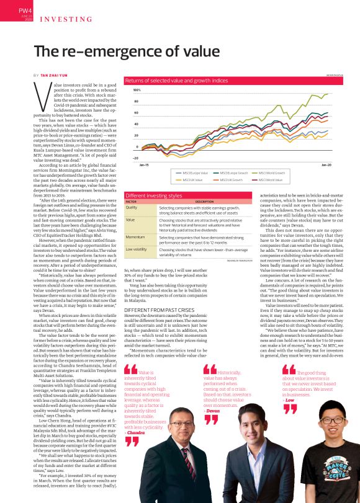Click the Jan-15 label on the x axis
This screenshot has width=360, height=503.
point(144,166)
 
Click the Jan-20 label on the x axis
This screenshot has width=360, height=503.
point(326,166)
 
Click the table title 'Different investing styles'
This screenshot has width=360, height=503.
point(153,194)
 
